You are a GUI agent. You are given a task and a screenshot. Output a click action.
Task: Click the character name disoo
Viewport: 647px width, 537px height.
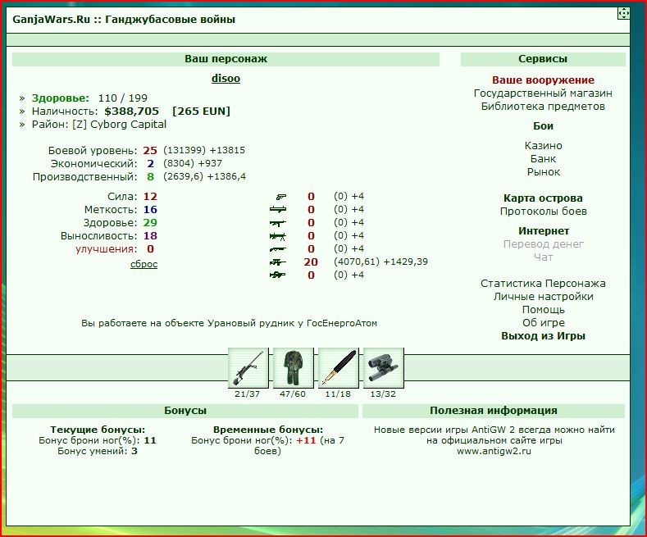pyautogui.click(x=226, y=79)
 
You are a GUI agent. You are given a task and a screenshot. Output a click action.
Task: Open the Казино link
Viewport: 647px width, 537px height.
pyautogui.click(x=543, y=146)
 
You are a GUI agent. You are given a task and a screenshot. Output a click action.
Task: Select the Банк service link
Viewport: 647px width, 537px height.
pyautogui.click(x=543, y=159)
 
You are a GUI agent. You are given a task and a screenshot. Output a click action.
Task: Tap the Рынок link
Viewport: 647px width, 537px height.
pyautogui.click(x=543, y=172)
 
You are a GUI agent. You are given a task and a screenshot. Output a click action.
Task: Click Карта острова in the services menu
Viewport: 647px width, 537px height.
pyautogui.click(x=543, y=198)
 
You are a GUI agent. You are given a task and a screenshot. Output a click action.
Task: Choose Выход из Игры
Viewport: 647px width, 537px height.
pyautogui.click(x=543, y=336)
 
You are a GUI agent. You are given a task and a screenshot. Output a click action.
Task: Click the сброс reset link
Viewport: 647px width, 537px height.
pyautogui.click(x=144, y=264)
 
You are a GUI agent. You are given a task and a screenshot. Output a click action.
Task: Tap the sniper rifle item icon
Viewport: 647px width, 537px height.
pyautogui.click(x=248, y=368)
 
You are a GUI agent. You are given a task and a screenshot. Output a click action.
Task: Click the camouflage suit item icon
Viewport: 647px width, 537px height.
pyautogui.click(x=293, y=368)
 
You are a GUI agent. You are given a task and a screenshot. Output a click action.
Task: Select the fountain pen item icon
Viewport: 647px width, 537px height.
pyautogui.click(x=339, y=368)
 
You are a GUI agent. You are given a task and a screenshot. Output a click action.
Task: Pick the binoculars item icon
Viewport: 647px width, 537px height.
pyautogui.click(x=383, y=368)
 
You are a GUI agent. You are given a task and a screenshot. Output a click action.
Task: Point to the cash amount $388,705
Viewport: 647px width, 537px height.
pyautogui.click(x=132, y=111)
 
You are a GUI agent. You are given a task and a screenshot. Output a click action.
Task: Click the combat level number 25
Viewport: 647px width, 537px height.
pyautogui.click(x=150, y=151)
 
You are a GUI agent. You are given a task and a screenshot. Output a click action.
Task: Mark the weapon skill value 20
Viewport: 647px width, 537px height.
pyautogui.click(x=311, y=262)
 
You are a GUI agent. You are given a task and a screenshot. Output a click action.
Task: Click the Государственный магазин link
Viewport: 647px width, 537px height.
pyautogui.click(x=543, y=93)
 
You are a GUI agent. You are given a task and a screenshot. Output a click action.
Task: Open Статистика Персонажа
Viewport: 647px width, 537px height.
pyautogui.click(x=543, y=284)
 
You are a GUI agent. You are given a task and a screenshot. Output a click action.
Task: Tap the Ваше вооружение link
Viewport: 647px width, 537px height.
pyautogui.click(x=543, y=80)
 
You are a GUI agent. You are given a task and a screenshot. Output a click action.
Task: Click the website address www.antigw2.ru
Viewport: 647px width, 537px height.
pyautogui.click(x=494, y=451)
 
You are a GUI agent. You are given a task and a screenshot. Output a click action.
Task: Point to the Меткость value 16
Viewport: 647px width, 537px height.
pyautogui.click(x=150, y=210)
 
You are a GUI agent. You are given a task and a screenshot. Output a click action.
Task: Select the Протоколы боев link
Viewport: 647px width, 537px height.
pyautogui.click(x=543, y=212)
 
